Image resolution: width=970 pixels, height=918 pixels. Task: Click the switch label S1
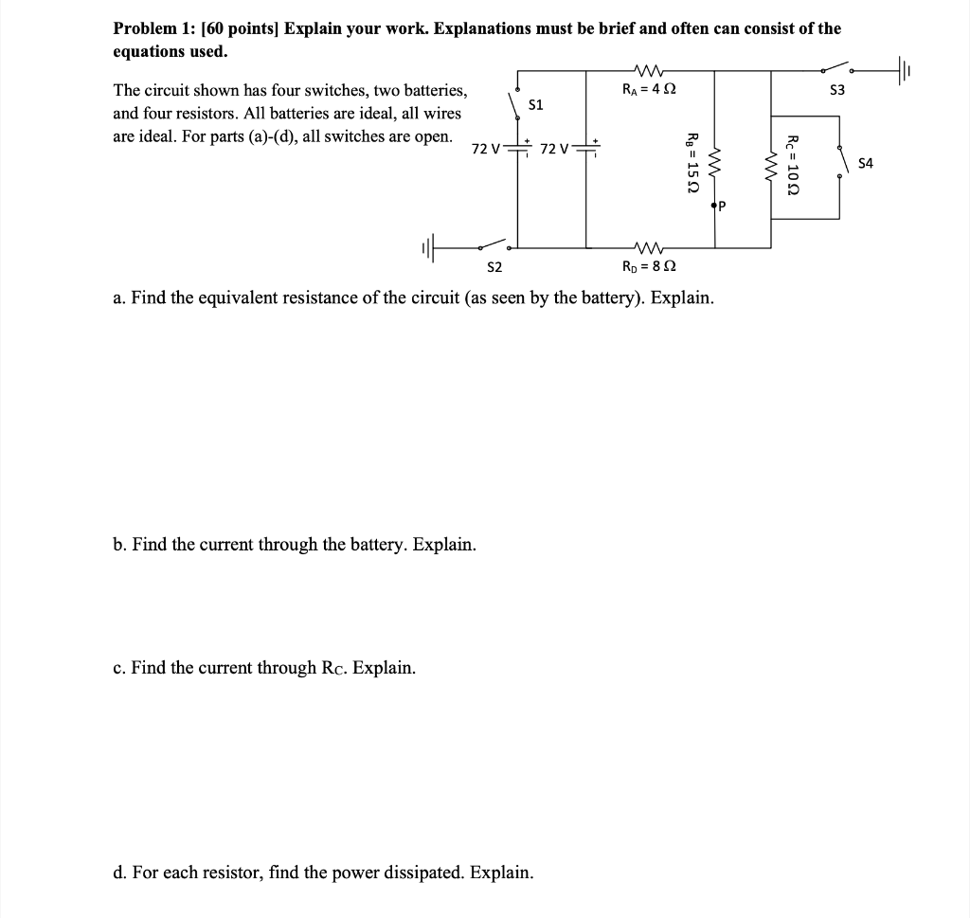(536, 105)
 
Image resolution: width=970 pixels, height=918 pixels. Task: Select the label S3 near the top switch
(835, 91)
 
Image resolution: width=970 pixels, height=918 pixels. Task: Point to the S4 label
(865, 163)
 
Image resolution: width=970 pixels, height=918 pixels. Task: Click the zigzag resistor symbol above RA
(649, 69)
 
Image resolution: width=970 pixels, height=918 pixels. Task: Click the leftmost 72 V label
(486, 149)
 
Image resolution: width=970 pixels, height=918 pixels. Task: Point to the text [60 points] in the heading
(236, 28)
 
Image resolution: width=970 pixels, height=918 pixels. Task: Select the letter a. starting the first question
(118, 299)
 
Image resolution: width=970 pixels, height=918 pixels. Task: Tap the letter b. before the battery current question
(119, 545)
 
